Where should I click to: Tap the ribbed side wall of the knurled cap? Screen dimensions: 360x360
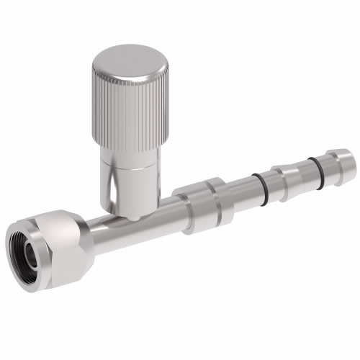[x=130, y=115]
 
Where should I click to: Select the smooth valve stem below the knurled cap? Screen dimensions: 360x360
[x=130, y=184]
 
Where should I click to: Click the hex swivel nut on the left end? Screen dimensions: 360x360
[x=50, y=245]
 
